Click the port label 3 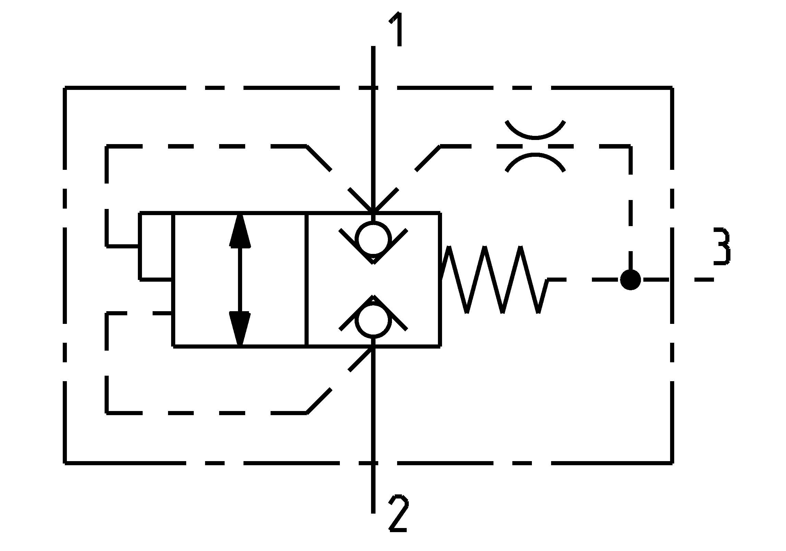coord(722,246)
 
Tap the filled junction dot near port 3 coord(630,280)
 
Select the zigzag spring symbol coord(494,280)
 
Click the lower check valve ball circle coord(373,319)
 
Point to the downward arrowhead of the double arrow coord(240,328)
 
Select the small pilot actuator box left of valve coord(156,246)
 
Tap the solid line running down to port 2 coord(373,429)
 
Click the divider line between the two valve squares coord(307,280)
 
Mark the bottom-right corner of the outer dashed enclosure coord(671,463)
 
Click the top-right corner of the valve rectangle coord(440,213)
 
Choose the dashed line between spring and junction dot coord(583,280)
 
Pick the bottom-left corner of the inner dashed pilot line coord(107,413)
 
